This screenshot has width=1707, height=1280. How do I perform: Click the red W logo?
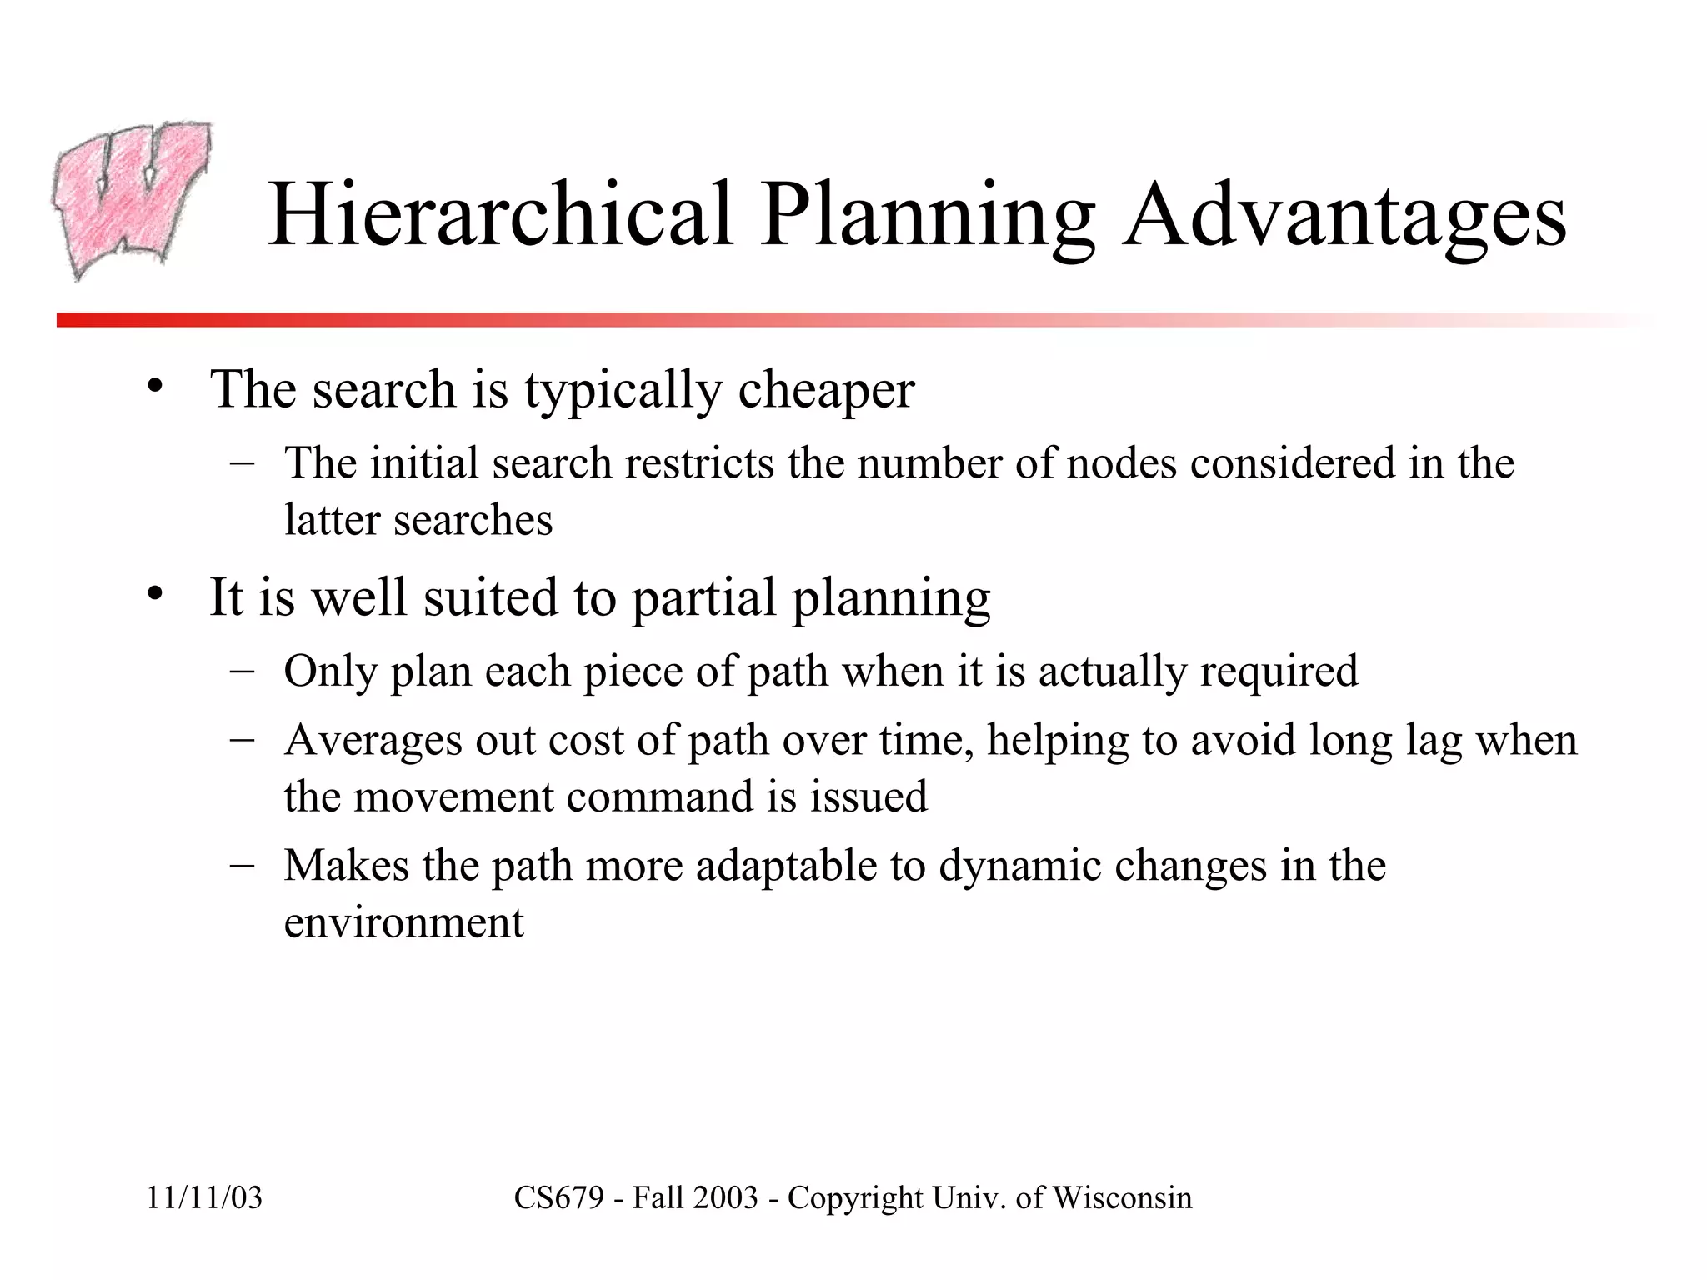coord(132,200)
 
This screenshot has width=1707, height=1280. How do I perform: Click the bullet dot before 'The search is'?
coord(153,387)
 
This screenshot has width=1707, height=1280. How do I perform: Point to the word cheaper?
coord(826,390)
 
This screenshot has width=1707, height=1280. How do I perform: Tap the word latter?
coord(332,520)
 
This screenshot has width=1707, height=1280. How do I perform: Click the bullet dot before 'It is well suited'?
coord(153,595)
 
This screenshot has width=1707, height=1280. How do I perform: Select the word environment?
coord(403,922)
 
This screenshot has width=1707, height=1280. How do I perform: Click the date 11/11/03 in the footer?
coord(204,1198)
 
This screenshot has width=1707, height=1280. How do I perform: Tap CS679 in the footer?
coord(558,1198)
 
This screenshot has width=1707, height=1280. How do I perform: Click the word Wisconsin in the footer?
coord(1122,1198)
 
